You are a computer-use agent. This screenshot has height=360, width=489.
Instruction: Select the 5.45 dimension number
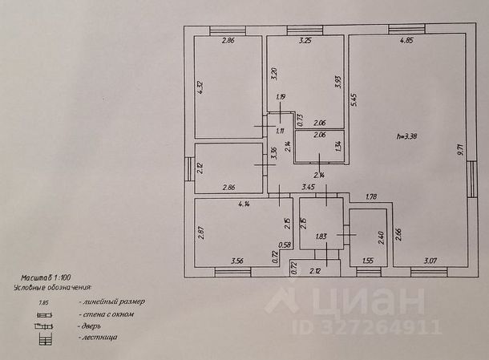[354, 99]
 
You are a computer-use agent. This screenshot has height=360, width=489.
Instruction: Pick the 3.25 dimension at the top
[305, 40]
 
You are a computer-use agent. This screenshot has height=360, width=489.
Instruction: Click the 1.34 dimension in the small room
[338, 145]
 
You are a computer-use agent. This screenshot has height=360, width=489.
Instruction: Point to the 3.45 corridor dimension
[308, 188]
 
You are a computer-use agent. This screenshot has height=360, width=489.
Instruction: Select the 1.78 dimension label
[370, 196]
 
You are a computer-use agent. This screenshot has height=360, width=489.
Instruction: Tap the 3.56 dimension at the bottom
[236, 261]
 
